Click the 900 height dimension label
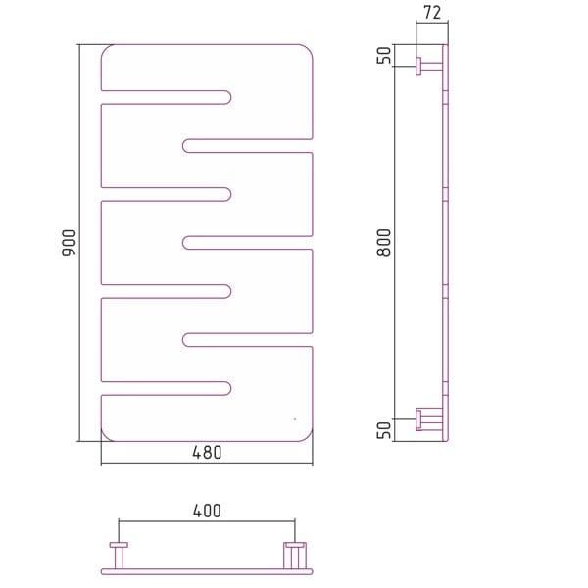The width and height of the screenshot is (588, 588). click(x=69, y=243)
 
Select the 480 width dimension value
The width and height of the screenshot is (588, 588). click(x=207, y=453)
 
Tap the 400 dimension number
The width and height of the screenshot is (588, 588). click(x=207, y=511)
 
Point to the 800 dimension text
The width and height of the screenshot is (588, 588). click(x=384, y=243)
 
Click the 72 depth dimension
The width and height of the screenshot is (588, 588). click(x=432, y=13)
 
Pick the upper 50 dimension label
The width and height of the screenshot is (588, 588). click(x=384, y=55)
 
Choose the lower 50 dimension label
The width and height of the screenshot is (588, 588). click(x=384, y=430)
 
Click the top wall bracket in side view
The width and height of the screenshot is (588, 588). click(x=429, y=67)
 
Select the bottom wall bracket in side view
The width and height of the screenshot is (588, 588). click(x=429, y=419)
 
